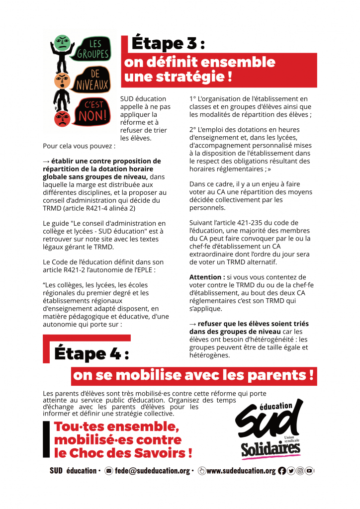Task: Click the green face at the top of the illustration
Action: [62, 42]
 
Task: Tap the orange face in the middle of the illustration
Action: [61, 80]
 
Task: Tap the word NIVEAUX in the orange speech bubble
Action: [93, 86]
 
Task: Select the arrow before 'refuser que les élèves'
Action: [193, 324]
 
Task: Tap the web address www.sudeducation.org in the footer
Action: [241, 471]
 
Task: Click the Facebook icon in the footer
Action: [282, 471]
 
